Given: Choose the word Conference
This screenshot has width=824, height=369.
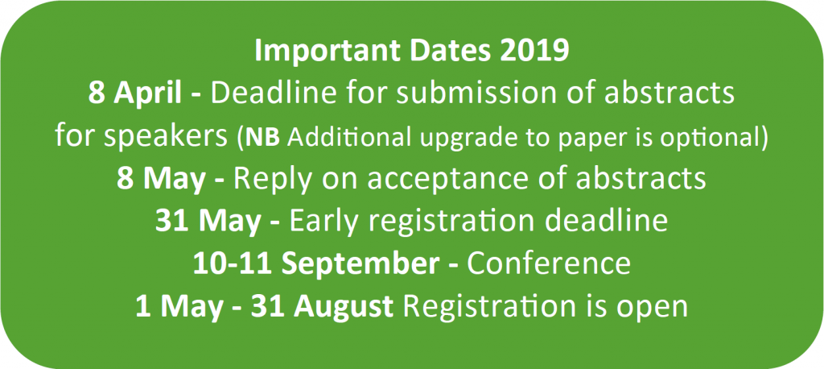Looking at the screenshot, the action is [x=549, y=264].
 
